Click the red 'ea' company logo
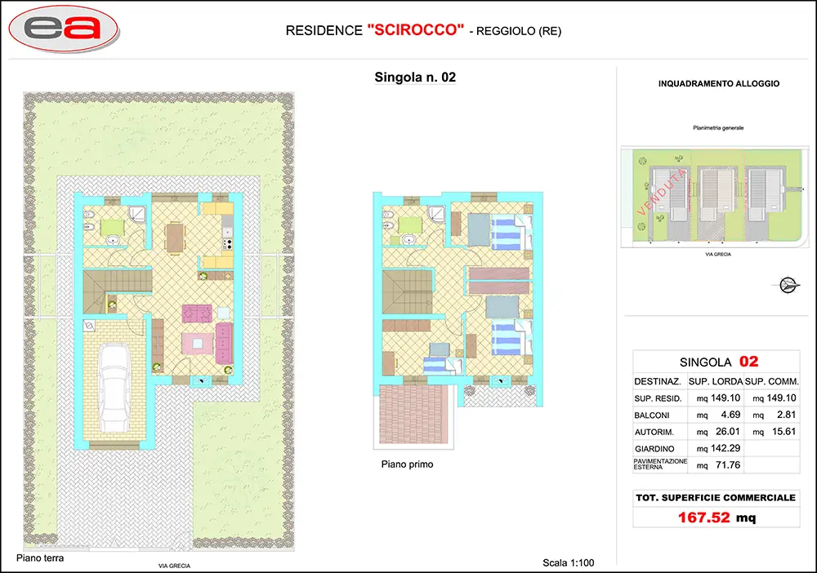63,29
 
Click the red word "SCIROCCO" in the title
416,29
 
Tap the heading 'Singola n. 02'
415,77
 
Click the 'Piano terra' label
40,558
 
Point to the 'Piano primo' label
407,464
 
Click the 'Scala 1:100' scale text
568,562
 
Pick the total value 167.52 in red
704,517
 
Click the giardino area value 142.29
725,448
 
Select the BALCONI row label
651,415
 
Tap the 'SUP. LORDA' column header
716,381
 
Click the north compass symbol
788,285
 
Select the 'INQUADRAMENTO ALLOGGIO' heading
718,83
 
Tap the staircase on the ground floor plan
117,291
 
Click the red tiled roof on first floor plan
413,415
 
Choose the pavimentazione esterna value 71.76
728,464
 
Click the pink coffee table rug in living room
198,344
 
